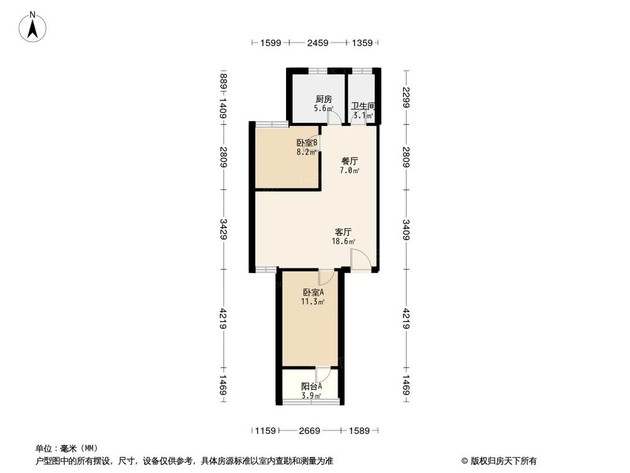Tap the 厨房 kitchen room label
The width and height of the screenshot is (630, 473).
pyautogui.click(x=324, y=99)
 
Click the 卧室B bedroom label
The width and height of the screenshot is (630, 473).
pyautogui.click(x=307, y=143)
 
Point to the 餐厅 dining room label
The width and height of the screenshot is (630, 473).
pyautogui.click(x=350, y=161)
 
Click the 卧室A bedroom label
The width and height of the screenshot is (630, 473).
pyautogui.click(x=313, y=293)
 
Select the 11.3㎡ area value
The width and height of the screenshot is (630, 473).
pyautogui.click(x=313, y=302)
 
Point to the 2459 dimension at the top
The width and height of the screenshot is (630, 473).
pyautogui.click(x=318, y=44)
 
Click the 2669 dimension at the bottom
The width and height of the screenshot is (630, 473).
pyautogui.click(x=309, y=431)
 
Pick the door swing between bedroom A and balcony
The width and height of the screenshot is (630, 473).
pyautogui.click(x=322, y=375)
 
